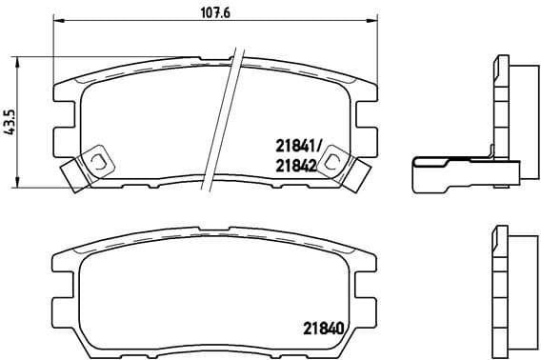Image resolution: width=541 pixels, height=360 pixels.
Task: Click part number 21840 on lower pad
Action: click(324, 328)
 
